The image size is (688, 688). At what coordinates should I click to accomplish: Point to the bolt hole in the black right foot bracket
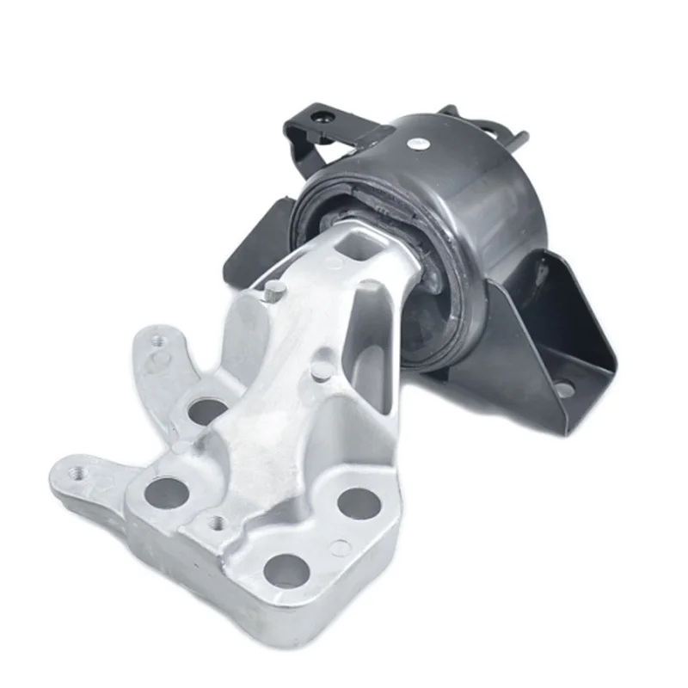click(x=565, y=389)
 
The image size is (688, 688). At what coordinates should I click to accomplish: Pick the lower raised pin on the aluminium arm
click(x=320, y=371)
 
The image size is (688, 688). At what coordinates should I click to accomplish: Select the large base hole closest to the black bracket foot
click(x=359, y=502)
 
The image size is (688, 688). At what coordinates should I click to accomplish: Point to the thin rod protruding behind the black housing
click(x=519, y=138)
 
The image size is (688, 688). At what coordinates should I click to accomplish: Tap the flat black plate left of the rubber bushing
click(x=254, y=236)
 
